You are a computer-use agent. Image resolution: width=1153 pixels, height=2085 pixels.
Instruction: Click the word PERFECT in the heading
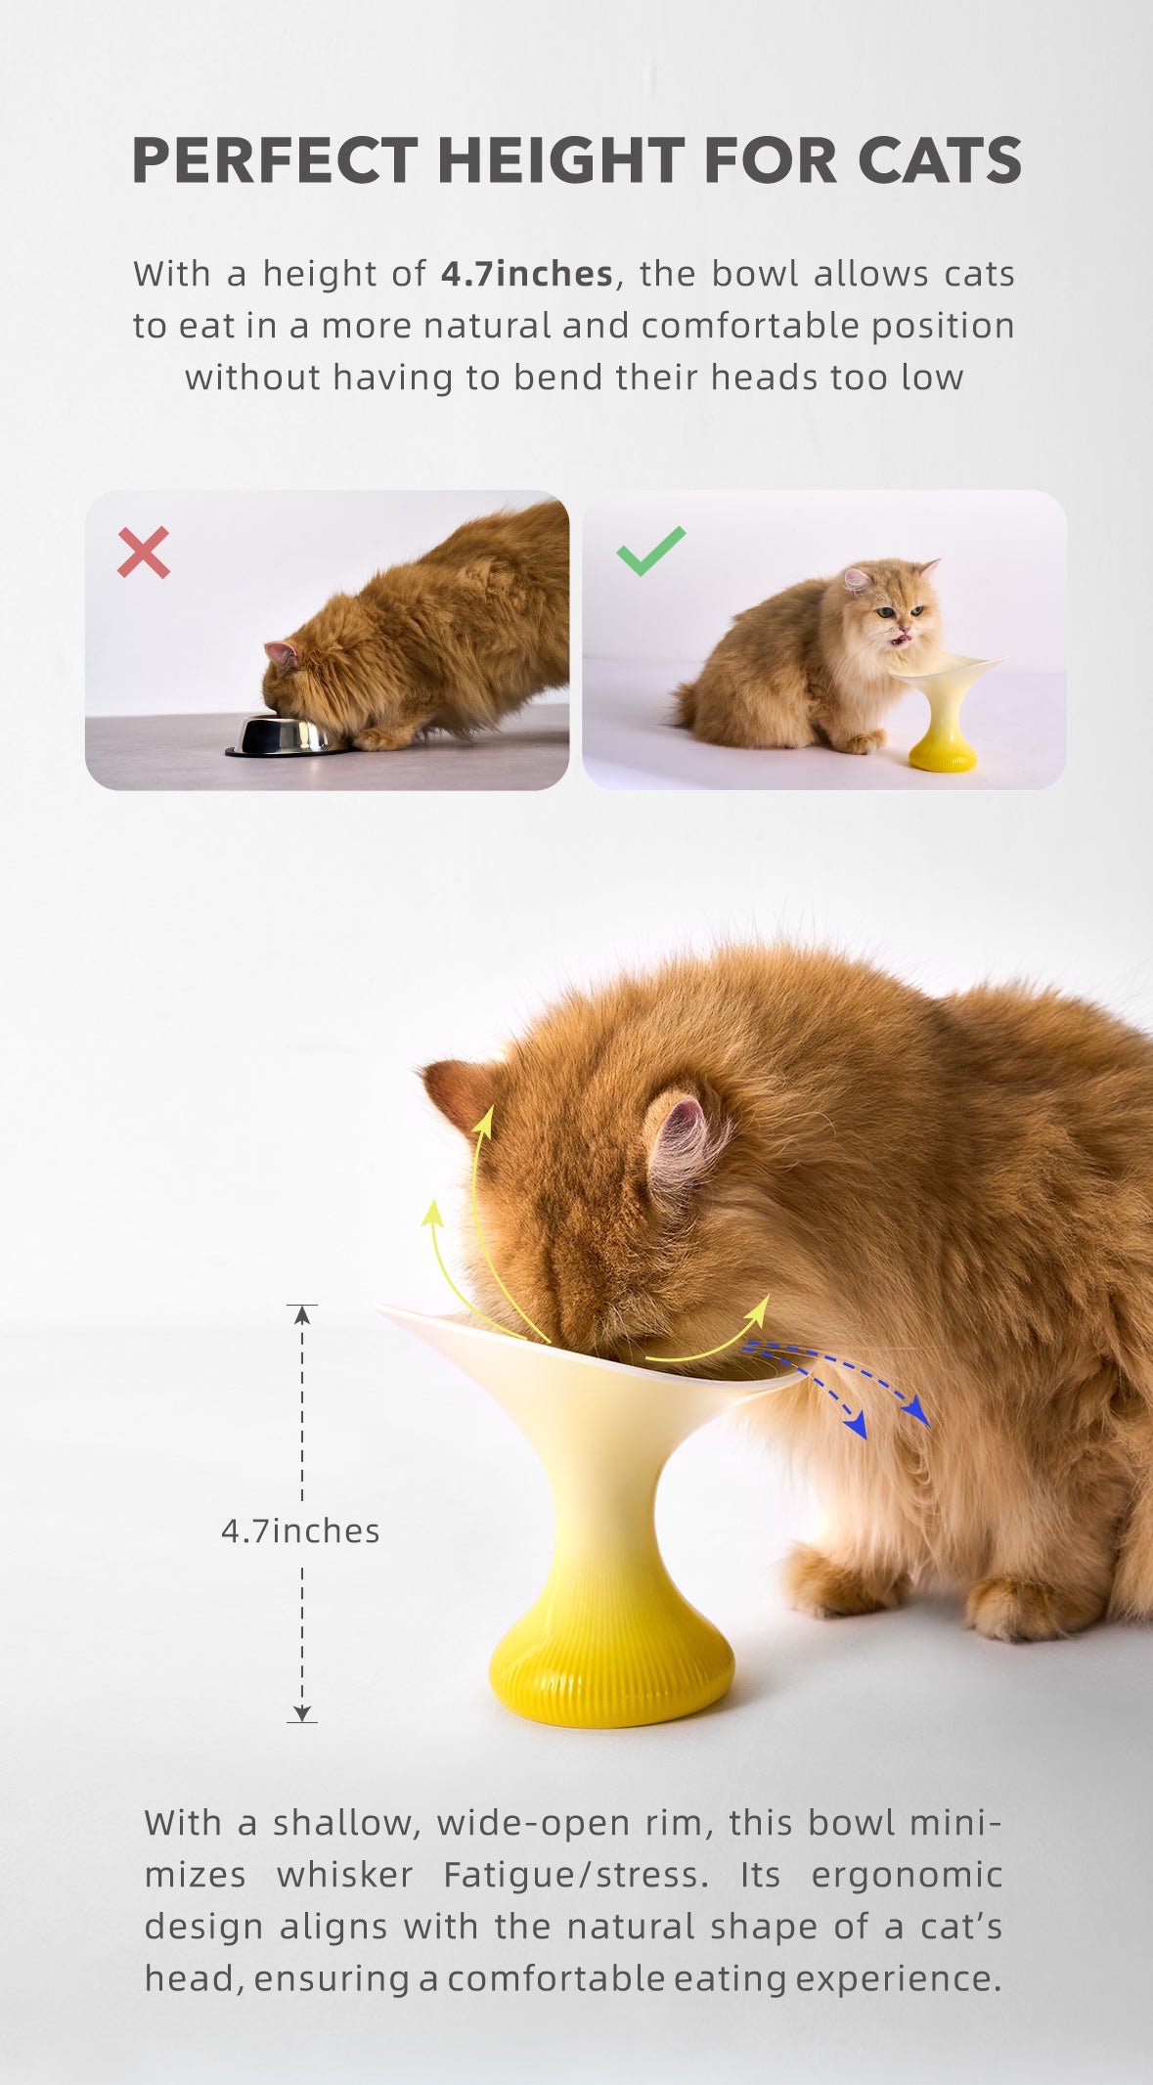(x=275, y=160)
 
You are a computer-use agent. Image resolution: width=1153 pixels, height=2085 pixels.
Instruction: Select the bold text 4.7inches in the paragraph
(x=527, y=274)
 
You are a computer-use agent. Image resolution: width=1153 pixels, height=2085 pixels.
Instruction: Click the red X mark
(x=143, y=552)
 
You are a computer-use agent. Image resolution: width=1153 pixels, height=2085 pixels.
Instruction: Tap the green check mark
(x=650, y=551)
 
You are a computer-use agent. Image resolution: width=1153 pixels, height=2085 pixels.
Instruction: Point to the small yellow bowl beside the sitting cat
(x=944, y=712)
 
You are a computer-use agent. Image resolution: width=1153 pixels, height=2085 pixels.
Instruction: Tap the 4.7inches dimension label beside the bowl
(x=300, y=1530)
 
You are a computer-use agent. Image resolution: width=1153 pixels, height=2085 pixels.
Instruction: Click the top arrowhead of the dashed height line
(x=302, y=1313)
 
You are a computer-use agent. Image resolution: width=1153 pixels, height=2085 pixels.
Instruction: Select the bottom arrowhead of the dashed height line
(x=302, y=1713)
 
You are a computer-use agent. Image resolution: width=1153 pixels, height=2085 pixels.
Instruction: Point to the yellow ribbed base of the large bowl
(x=611, y=1663)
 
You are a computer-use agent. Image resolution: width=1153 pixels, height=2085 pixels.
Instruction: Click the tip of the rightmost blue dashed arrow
(x=921, y=1416)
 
